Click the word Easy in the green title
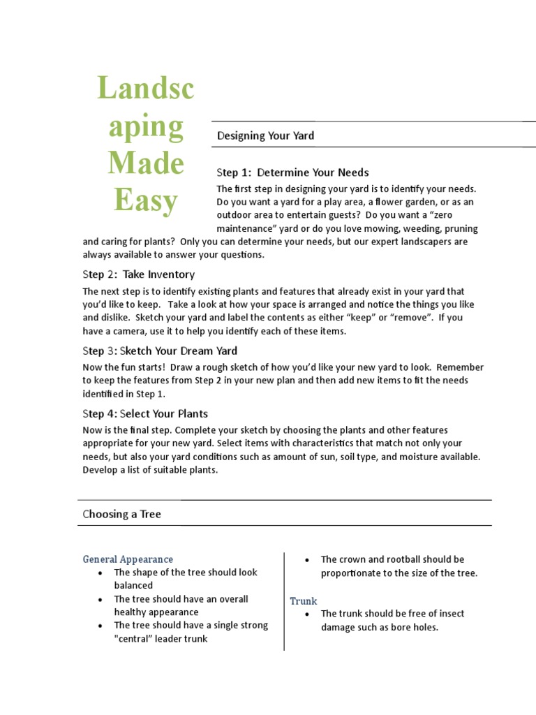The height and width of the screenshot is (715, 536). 146,200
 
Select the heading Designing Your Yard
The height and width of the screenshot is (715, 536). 265,135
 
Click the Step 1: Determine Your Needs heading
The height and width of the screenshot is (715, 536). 292,172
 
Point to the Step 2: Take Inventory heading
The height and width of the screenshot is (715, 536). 138,274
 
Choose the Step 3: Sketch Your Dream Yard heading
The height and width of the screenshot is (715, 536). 160,351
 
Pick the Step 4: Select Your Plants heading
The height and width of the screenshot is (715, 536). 145,413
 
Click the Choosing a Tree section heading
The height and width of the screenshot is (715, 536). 121,514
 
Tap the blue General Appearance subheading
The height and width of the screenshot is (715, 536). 128,559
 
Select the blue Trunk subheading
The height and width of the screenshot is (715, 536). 304,600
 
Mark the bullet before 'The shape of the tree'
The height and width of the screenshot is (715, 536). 102,573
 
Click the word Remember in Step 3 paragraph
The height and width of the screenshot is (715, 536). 458,367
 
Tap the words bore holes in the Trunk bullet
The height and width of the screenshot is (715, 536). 415,627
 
